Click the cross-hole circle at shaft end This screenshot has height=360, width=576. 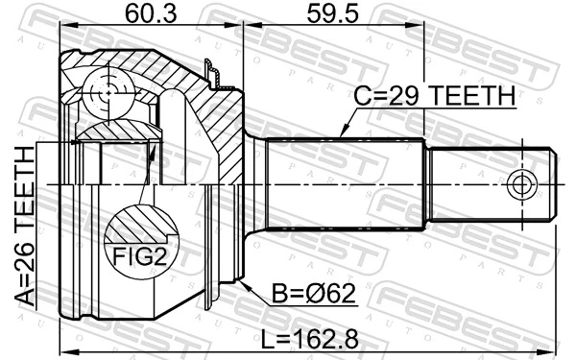point(522,184)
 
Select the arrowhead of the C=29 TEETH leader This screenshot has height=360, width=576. point(343,136)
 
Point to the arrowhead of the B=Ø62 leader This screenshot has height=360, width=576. point(246,283)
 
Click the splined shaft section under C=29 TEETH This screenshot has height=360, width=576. point(346,184)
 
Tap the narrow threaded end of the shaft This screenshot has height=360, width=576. point(490,184)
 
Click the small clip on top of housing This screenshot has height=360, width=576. point(213,71)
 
